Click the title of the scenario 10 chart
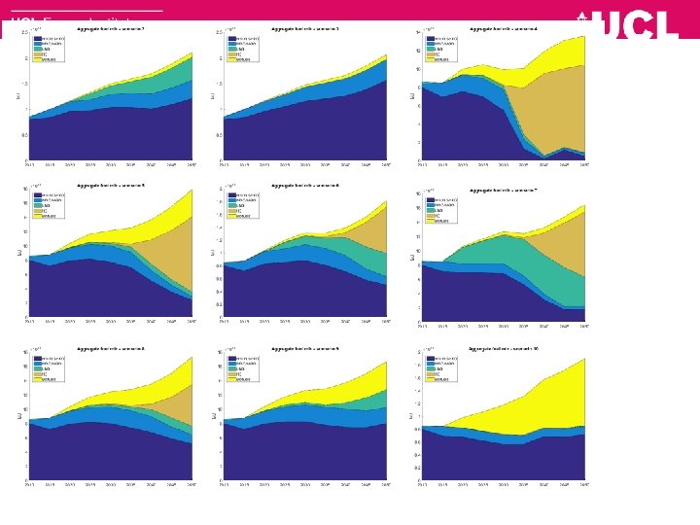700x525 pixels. [x=503, y=347]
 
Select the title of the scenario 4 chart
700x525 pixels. [x=503, y=29]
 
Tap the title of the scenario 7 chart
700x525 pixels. [x=503, y=191]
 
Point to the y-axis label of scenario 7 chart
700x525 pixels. [x=411, y=255]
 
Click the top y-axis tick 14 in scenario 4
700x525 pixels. [x=417, y=33]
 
